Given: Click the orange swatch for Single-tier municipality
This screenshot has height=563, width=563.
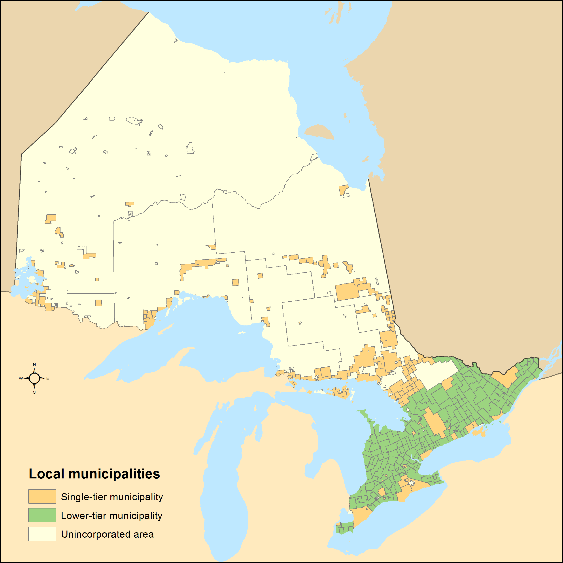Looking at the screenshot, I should (x=42, y=496).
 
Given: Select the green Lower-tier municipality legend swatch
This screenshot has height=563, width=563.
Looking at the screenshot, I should (x=42, y=515).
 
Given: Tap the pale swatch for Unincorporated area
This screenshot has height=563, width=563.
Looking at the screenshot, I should (x=42, y=534).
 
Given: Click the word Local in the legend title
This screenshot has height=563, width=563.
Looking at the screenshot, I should (x=46, y=474).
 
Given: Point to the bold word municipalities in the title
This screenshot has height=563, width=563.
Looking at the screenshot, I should (x=114, y=474).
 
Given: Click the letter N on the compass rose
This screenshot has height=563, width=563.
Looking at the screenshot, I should (x=34, y=365).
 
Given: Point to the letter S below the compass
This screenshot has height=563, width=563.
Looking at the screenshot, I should (x=34, y=392).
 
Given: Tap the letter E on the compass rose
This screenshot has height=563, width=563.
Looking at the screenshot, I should (x=47, y=379).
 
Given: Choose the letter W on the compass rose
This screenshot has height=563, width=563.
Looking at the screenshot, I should (x=21, y=379).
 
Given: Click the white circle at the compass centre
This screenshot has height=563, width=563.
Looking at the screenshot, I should (x=34, y=378).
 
